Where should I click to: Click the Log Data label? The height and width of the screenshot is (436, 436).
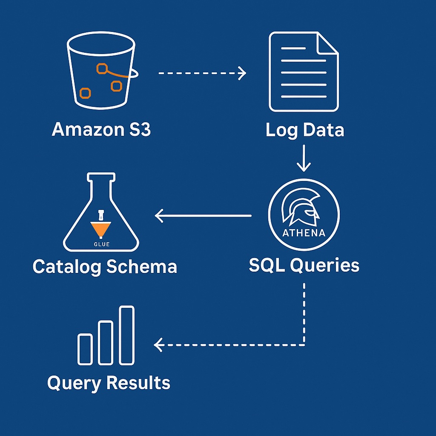coord(304,130)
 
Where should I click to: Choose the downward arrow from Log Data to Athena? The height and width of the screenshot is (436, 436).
coord(304,158)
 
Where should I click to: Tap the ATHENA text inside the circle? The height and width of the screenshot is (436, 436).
coord(304,232)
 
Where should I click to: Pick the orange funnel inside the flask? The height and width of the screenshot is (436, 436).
coord(101,229)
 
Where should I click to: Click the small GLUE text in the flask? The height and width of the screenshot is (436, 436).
coord(101,244)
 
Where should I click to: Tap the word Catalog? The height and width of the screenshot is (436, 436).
coord(67,267)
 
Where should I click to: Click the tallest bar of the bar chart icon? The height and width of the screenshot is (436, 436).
coord(126,335)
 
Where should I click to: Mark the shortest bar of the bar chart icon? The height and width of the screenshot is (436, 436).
coord(85,349)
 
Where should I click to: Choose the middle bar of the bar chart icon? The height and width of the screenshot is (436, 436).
coord(106,343)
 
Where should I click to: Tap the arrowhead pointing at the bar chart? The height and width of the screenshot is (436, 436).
coord(158,344)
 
